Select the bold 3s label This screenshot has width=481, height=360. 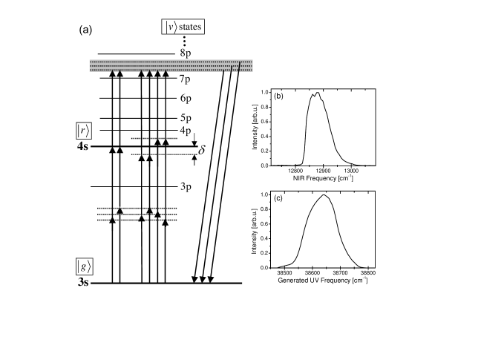click(x=81, y=284)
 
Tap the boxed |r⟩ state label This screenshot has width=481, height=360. click(x=82, y=131)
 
